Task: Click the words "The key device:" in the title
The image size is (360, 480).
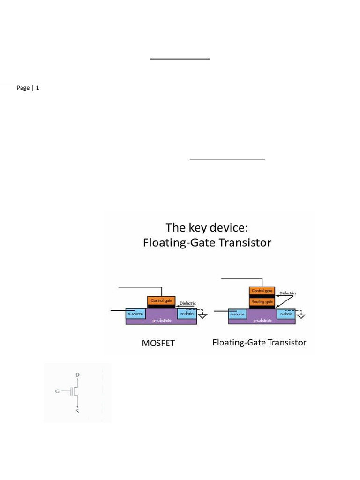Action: click(206, 228)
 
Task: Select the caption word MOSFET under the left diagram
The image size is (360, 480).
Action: click(158, 343)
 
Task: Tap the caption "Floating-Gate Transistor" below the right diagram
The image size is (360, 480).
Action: click(259, 342)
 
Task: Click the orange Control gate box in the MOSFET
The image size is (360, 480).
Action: click(160, 300)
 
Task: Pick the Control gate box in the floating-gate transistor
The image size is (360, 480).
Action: click(262, 291)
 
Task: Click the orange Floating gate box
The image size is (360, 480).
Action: click(262, 302)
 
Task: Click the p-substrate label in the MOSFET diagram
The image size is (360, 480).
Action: click(161, 322)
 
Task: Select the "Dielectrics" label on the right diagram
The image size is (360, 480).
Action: click(288, 293)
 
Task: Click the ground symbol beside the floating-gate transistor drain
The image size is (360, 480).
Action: click(301, 316)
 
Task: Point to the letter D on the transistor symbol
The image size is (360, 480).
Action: click(77, 375)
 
